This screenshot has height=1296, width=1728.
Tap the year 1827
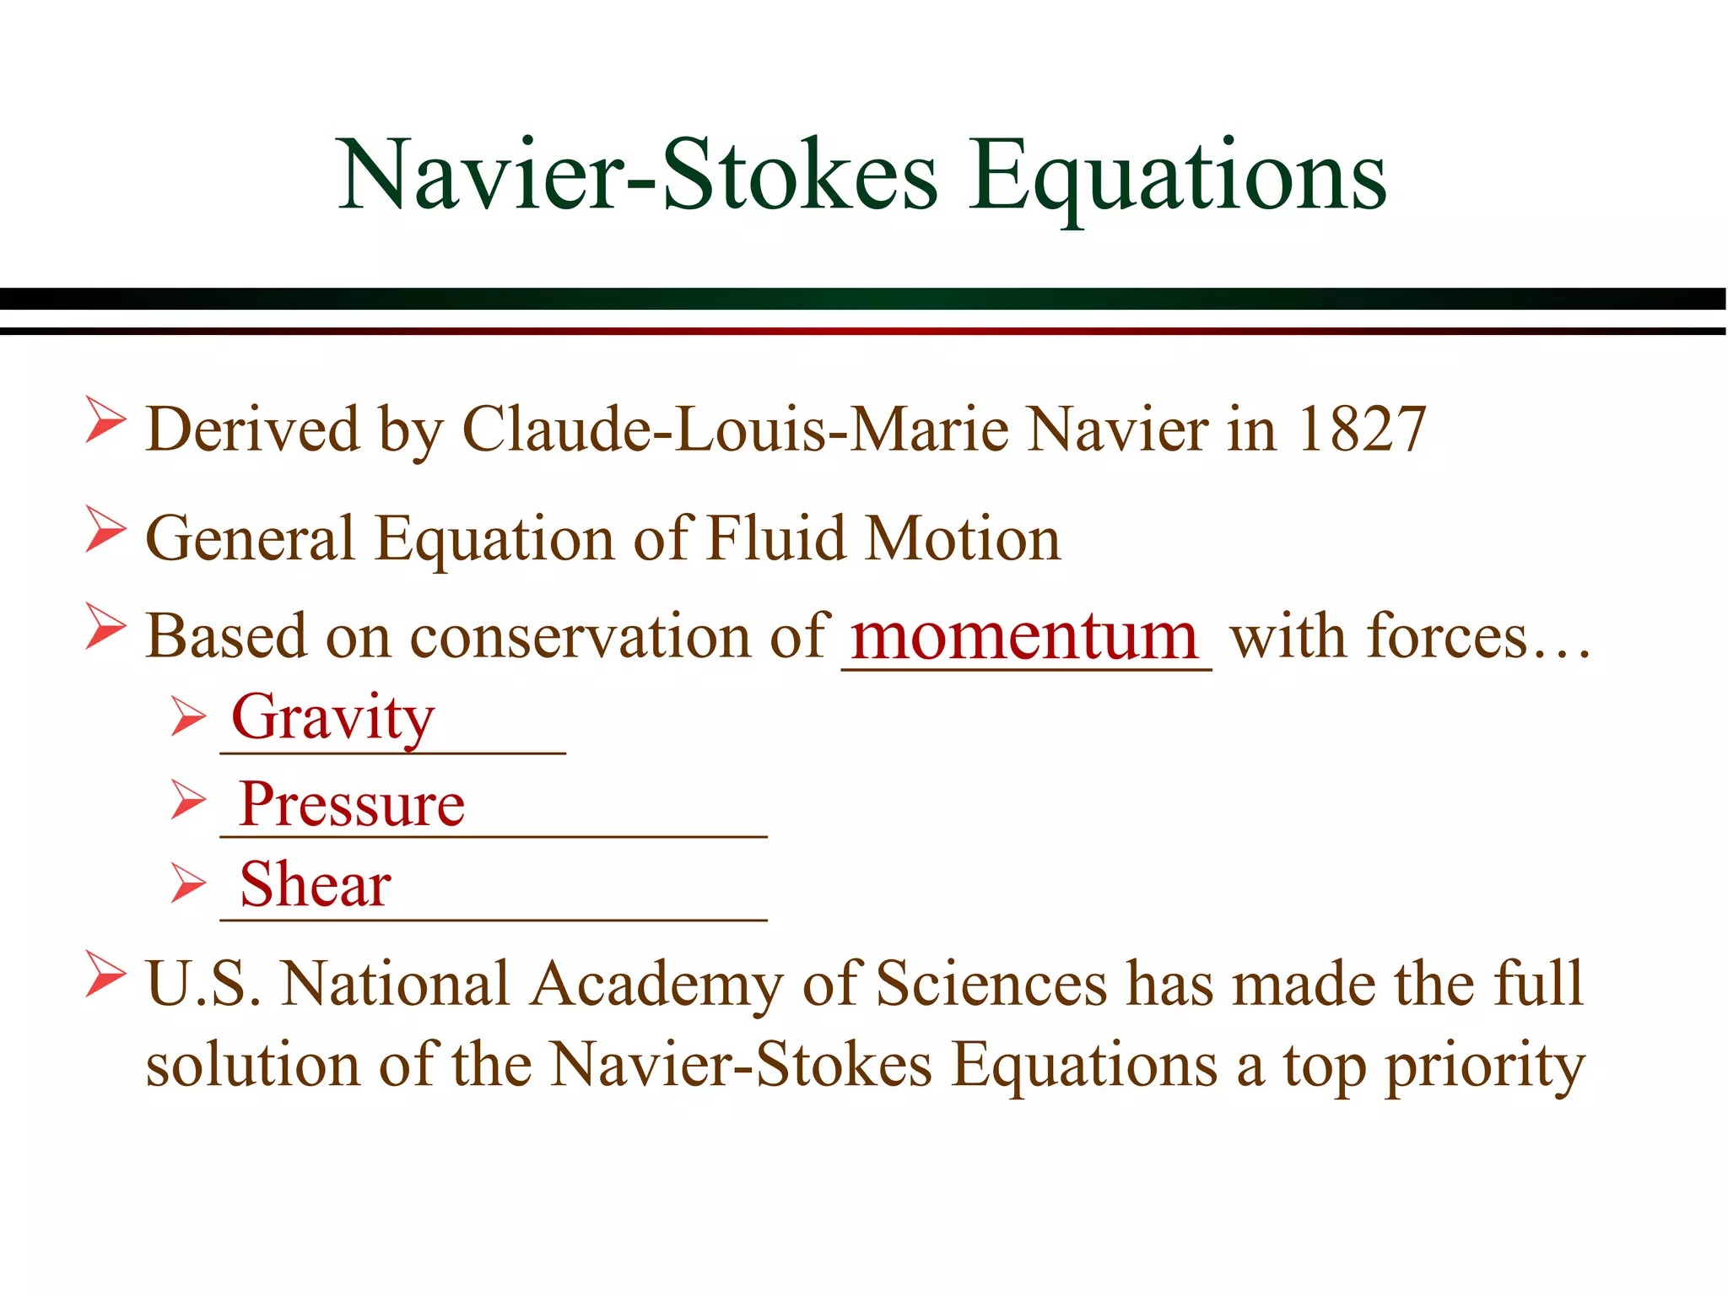[1361, 429]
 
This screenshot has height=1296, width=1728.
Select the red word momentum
[1024, 636]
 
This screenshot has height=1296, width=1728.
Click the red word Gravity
[332, 717]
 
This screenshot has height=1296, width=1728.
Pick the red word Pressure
[351, 804]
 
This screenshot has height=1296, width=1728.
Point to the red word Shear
[315, 885]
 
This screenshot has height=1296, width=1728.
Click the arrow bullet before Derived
[105, 422]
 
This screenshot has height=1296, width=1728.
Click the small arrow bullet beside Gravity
[187, 716]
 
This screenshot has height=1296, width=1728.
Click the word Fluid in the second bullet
[775, 538]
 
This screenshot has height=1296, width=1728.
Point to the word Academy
[656, 984]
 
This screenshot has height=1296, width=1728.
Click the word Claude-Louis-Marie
[735, 429]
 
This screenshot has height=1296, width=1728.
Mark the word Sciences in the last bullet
[991, 984]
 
